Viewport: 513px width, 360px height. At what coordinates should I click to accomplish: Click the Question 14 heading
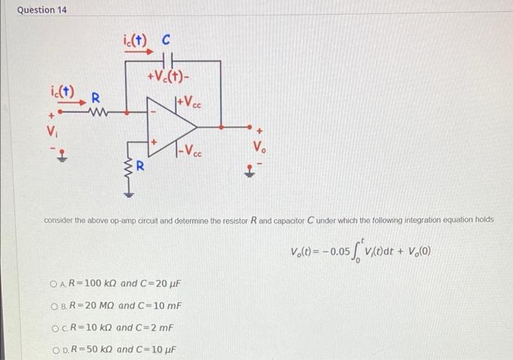36,10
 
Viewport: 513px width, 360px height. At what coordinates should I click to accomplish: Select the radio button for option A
54,283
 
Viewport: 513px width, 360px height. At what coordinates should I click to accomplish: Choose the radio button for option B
54,305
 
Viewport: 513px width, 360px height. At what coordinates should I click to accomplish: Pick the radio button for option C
54,327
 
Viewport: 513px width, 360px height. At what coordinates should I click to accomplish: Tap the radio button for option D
54,349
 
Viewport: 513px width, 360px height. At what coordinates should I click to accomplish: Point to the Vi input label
51,133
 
